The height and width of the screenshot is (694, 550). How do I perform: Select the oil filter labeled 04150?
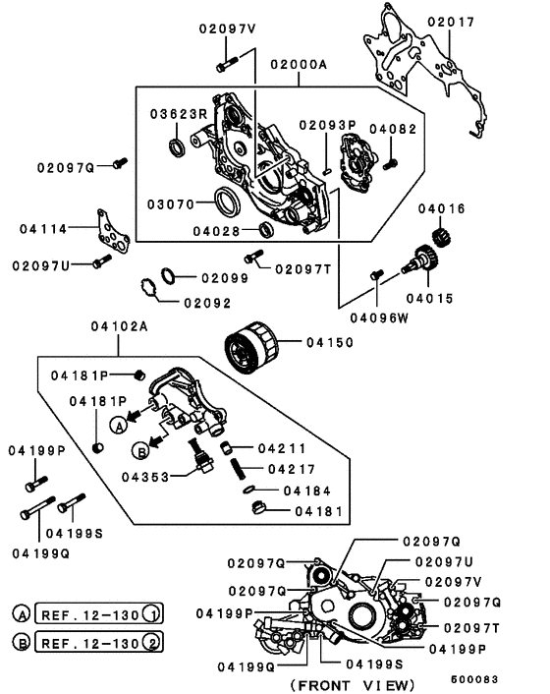coord(248,350)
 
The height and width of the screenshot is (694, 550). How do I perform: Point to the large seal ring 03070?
coord(227,203)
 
